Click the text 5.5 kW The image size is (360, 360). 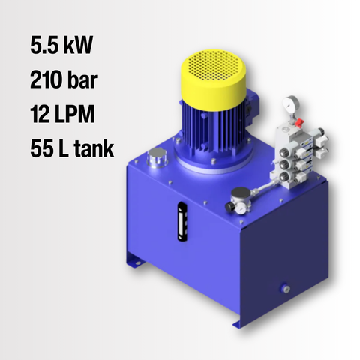(x=61, y=45)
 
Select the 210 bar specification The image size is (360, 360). (x=64, y=79)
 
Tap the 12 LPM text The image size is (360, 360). (x=62, y=114)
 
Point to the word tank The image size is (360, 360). (x=94, y=148)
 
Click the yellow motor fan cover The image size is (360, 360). (x=213, y=80)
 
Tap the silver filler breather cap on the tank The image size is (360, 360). (x=157, y=157)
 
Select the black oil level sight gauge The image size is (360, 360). (x=182, y=221)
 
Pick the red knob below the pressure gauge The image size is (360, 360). (x=299, y=123)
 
